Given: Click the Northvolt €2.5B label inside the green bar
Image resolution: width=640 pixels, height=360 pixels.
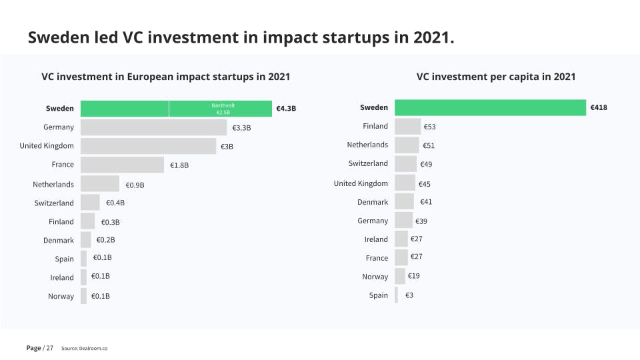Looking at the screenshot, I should click(223, 109).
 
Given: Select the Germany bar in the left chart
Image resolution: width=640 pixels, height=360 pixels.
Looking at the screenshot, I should click(153, 127).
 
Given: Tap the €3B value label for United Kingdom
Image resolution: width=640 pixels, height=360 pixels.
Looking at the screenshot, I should click(227, 146).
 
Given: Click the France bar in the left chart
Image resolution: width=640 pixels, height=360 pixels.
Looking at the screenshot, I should click(122, 165).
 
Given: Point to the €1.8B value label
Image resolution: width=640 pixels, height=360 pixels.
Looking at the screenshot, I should click(179, 165).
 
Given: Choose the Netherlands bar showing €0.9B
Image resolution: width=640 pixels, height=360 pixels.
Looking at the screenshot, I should click(100, 184).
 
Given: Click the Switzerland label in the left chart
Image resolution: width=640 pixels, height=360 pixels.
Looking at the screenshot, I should click(54, 203).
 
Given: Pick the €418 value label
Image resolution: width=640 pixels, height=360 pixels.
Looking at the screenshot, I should click(598, 107).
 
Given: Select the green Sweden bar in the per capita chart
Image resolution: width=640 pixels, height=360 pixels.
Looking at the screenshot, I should click(490, 107).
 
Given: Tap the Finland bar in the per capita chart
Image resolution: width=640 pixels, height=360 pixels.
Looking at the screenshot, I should click(407, 127).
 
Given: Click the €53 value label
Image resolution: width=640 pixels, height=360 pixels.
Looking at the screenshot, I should click(429, 127).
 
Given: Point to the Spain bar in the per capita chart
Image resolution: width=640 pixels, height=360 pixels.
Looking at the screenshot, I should click(396, 295).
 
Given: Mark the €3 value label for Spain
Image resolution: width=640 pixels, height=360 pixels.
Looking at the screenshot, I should click(409, 295).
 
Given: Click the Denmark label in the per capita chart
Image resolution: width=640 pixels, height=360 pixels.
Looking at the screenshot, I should click(372, 202).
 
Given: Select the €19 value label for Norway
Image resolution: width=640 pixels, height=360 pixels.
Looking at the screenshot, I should click(413, 276).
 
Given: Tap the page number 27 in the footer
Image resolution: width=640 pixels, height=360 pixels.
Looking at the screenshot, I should click(49, 348).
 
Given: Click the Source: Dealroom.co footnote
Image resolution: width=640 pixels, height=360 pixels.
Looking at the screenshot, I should click(84, 349).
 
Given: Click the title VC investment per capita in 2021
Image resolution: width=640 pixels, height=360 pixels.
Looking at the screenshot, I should click(496, 77).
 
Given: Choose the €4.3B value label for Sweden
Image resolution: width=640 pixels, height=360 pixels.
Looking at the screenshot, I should click(285, 109).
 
